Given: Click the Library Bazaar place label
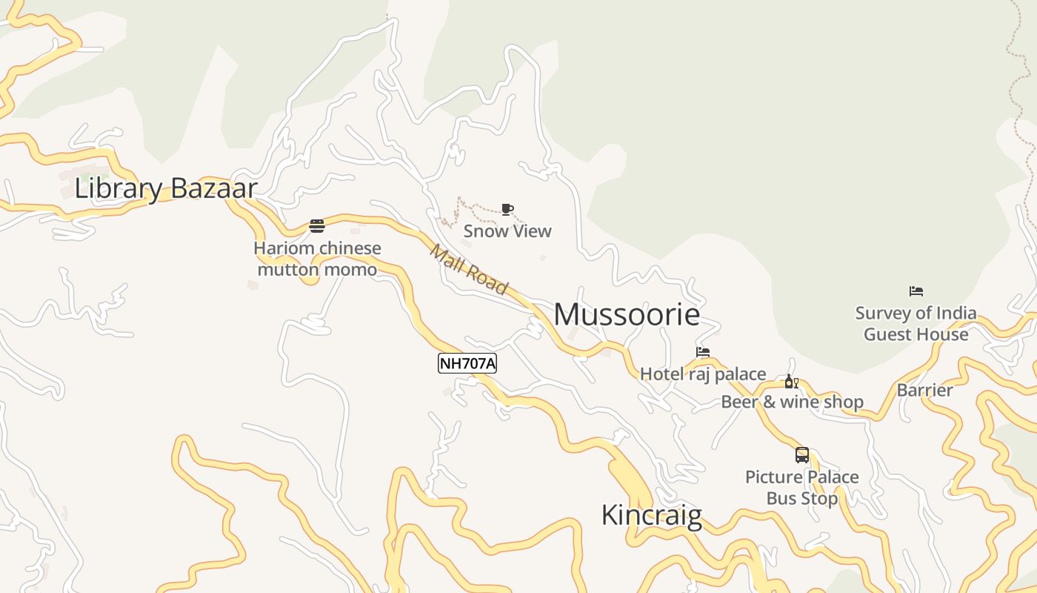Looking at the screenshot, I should click(x=166, y=188).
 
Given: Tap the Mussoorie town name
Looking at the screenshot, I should click(x=627, y=314).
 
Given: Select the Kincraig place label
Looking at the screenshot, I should click(x=651, y=514).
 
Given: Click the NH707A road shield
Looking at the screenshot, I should click(x=467, y=363).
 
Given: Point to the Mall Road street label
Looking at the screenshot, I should click(x=469, y=269).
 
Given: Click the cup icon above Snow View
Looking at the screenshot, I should click(x=507, y=210).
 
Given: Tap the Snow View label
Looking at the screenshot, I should click(x=507, y=231).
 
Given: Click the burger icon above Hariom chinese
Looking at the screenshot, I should click(x=317, y=226).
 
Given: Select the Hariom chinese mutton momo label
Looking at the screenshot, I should click(x=317, y=259).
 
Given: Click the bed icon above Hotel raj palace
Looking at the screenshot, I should click(x=702, y=352).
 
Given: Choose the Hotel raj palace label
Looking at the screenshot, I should click(x=702, y=374).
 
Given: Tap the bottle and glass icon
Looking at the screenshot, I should click(x=791, y=382).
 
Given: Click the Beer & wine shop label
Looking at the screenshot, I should click(x=792, y=402).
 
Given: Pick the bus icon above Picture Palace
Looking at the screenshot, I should click(x=801, y=455).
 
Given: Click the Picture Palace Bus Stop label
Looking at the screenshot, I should click(x=801, y=487).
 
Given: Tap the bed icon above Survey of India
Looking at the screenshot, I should click(x=916, y=291).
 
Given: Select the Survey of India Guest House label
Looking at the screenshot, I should click(x=916, y=323).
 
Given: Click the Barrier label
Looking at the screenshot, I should click(x=924, y=390).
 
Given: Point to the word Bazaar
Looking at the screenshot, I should click(x=213, y=188).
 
